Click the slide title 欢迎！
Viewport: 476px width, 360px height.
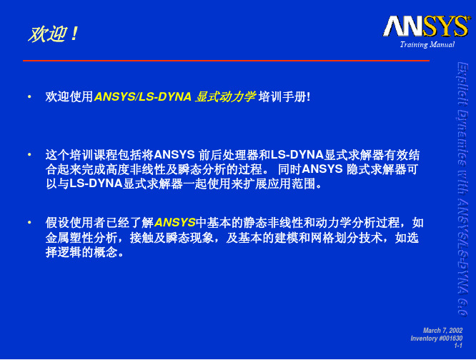[54, 34]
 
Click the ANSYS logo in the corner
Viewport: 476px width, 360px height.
[425, 26]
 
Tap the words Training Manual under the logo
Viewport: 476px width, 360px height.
[427, 44]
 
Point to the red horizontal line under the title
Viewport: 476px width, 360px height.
[226, 61]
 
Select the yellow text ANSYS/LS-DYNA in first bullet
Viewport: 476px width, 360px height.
[143, 96]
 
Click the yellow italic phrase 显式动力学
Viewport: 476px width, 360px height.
[225, 96]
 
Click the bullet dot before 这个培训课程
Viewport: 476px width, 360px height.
[29, 155]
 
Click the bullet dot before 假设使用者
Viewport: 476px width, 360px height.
[29, 223]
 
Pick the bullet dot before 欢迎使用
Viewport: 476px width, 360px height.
[29, 96]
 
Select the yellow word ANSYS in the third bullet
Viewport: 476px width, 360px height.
[175, 223]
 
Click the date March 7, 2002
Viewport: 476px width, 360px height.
[443, 331]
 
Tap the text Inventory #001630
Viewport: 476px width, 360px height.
[437, 338]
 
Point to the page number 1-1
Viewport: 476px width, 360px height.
[458, 346]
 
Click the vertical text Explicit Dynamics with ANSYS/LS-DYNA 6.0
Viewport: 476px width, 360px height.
[462, 189]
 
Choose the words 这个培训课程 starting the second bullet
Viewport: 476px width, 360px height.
[81, 155]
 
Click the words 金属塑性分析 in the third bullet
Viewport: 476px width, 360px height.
[81, 238]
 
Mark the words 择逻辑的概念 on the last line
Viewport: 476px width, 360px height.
[81, 252]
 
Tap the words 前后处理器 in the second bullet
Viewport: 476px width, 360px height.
[228, 155]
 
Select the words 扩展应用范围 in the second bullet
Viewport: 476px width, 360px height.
[279, 184]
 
